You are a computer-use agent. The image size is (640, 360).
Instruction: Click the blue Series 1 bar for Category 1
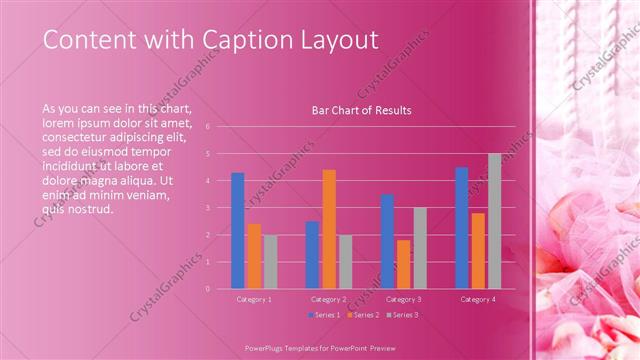pos(237,230)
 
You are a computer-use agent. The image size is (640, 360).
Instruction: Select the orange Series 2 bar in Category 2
pos(329,229)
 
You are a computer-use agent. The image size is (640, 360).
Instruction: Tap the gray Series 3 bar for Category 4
pos(494,221)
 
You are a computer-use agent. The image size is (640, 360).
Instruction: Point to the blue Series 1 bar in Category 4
pos(462,227)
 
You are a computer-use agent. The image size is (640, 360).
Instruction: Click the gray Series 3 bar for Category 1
pos(270,261)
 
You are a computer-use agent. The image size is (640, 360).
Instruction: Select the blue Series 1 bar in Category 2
pos(312,254)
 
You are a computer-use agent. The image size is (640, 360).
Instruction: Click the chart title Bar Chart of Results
pos(361,110)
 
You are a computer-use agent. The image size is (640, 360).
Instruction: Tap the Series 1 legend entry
pos(324,314)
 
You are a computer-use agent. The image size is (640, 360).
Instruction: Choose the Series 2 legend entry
pos(362,314)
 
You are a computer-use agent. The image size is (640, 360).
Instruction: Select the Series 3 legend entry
pos(402,314)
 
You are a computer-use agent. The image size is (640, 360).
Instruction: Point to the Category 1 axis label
pos(254,299)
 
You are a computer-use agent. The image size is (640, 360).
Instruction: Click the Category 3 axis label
pos(403,299)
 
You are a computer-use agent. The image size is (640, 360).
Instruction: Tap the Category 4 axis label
pos(478,299)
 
